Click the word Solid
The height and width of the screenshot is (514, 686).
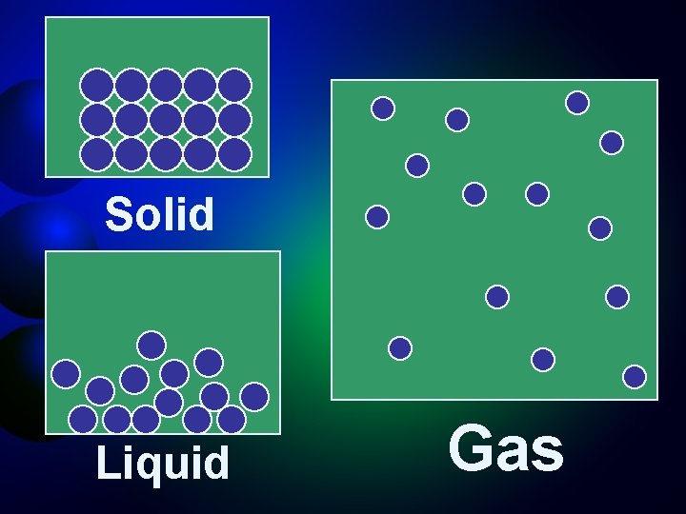160,215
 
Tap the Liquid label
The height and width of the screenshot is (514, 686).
163,464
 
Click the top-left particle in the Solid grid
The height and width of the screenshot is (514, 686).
96,86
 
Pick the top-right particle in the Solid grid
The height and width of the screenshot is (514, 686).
234,86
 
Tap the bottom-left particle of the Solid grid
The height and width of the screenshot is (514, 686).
96,153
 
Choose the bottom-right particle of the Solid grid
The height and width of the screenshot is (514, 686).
234,153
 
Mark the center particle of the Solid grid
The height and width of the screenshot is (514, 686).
166,119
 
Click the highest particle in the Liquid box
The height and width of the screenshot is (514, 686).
151,344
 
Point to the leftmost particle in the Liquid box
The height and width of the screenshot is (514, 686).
66,374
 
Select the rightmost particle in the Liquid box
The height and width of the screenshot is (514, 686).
254,395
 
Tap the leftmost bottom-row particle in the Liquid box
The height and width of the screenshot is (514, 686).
83,420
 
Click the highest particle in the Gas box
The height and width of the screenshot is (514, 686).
577,102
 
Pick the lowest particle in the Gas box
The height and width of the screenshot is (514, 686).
635,377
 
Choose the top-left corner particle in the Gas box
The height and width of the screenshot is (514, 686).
383,109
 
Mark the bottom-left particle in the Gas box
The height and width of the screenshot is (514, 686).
400,348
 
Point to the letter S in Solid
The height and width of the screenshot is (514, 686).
118,215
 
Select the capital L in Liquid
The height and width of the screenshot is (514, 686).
106,464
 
